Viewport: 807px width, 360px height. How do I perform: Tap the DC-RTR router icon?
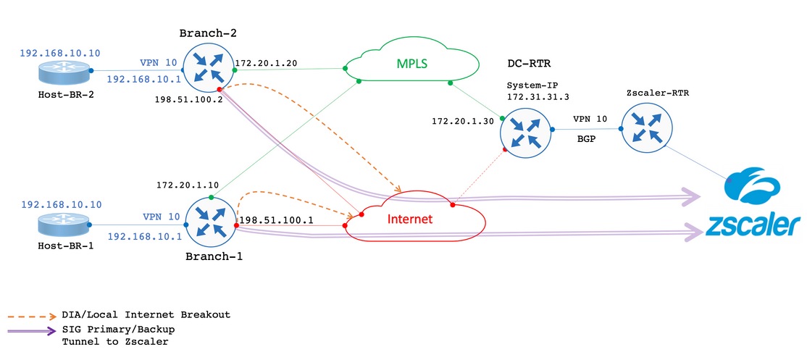pos(525,130)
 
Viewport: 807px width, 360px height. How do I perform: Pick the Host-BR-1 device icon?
pos(67,226)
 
